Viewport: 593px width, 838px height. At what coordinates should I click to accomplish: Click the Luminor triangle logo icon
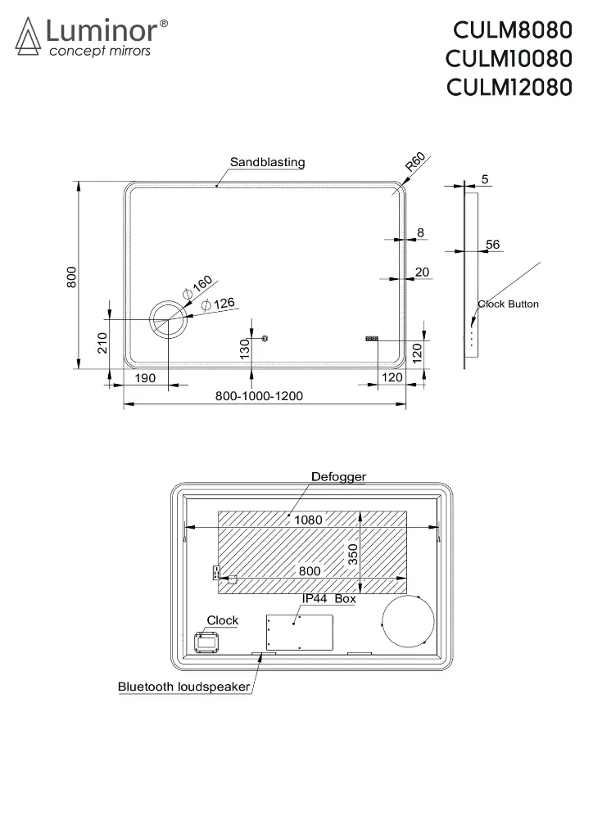(x=28, y=36)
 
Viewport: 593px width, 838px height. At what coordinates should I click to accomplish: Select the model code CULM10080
(x=509, y=59)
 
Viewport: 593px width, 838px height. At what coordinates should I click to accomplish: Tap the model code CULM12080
(x=509, y=88)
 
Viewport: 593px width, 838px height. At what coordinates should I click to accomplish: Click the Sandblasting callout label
(x=267, y=162)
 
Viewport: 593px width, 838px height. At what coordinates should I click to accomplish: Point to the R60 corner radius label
(x=415, y=161)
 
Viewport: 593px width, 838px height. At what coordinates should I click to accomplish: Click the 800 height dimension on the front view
(x=71, y=277)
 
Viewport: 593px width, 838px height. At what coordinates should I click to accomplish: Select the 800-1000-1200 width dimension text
(x=259, y=396)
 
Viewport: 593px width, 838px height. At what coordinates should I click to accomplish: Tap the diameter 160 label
(x=197, y=287)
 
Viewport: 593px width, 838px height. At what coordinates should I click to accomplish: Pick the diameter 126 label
(x=218, y=304)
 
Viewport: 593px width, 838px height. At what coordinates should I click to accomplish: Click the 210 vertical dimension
(x=102, y=343)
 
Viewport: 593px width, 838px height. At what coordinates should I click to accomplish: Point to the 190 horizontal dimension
(x=145, y=378)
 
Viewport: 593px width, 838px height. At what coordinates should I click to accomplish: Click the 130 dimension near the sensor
(x=245, y=349)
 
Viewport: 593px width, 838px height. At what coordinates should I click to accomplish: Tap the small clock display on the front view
(x=372, y=338)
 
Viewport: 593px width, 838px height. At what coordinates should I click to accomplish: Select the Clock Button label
(x=508, y=304)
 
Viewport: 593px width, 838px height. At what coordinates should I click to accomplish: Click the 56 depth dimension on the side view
(x=492, y=244)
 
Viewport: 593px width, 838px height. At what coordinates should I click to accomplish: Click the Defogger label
(x=338, y=477)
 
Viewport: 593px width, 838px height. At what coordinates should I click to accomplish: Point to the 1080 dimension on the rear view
(x=308, y=520)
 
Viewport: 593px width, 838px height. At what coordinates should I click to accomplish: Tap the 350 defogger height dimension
(x=353, y=554)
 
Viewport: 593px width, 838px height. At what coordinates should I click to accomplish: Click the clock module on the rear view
(x=207, y=642)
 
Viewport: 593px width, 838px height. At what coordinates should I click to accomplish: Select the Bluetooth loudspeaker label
(x=184, y=687)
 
